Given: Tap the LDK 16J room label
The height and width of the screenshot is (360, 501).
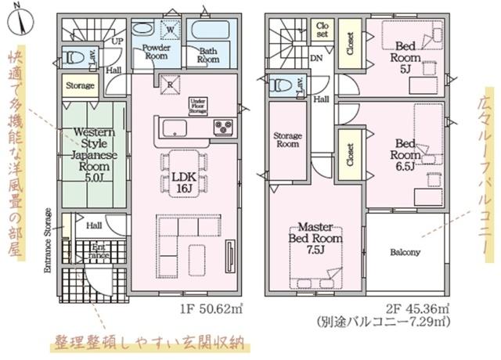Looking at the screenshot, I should tap(185, 183).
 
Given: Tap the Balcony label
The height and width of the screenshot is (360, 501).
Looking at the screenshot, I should tap(405, 253).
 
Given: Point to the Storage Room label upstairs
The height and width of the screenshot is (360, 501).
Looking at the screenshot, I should tap(287, 139).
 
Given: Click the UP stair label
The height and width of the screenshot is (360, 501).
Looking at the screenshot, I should tap(118, 40).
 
